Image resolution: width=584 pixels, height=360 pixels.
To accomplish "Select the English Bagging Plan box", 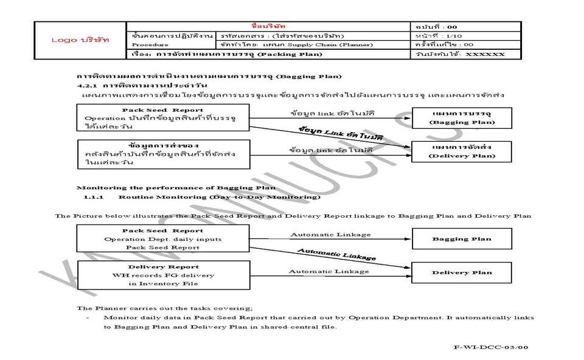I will [461, 239].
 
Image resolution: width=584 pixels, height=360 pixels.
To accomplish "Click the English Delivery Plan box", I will [461, 272].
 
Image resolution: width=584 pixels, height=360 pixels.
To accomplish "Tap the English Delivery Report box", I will [163, 275].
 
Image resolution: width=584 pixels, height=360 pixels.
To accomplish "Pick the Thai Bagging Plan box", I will [461, 118].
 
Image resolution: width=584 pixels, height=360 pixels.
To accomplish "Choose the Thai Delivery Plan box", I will [461, 151].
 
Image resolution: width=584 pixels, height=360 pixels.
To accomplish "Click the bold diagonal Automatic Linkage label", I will [336, 254].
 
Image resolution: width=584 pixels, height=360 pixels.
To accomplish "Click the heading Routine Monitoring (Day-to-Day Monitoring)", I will [219, 197].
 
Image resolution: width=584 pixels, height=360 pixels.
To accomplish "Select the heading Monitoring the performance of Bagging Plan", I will [176, 187].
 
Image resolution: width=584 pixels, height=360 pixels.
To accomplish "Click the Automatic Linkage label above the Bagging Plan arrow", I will [330, 235].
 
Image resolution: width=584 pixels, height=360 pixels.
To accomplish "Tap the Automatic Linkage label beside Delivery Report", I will [328, 271].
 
